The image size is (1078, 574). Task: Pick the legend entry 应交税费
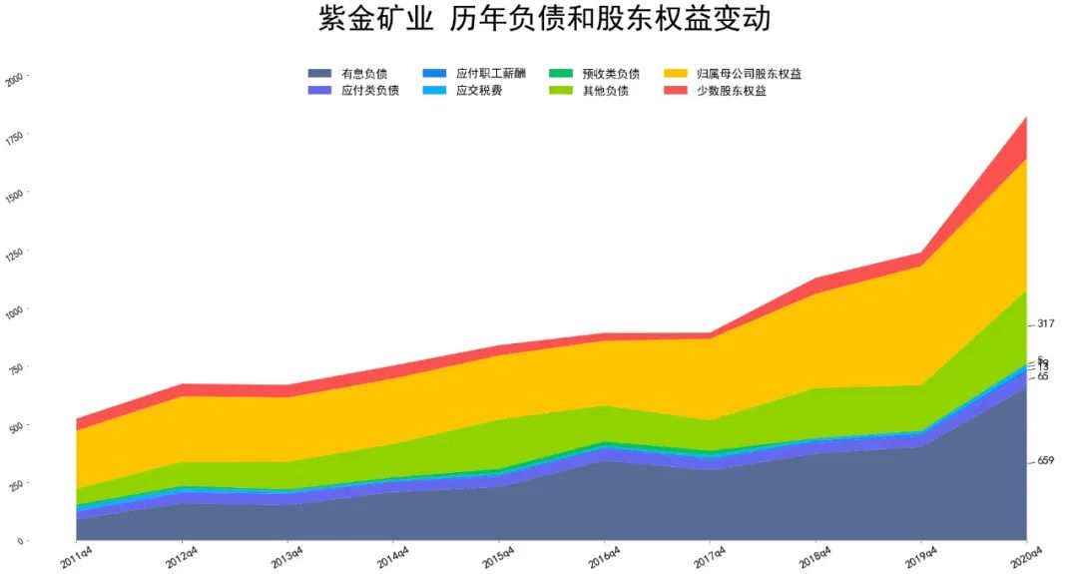(478, 91)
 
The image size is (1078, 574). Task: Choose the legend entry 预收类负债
(611, 74)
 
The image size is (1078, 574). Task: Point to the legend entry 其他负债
(605, 91)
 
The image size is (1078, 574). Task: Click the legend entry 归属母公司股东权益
(750, 74)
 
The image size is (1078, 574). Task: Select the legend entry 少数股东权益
(738, 91)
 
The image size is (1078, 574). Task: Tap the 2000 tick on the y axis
(14, 77)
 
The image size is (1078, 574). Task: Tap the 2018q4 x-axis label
(815, 554)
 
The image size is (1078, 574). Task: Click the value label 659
(1045, 461)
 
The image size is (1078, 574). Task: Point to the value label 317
(1045, 323)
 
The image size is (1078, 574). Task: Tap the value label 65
(1043, 376)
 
